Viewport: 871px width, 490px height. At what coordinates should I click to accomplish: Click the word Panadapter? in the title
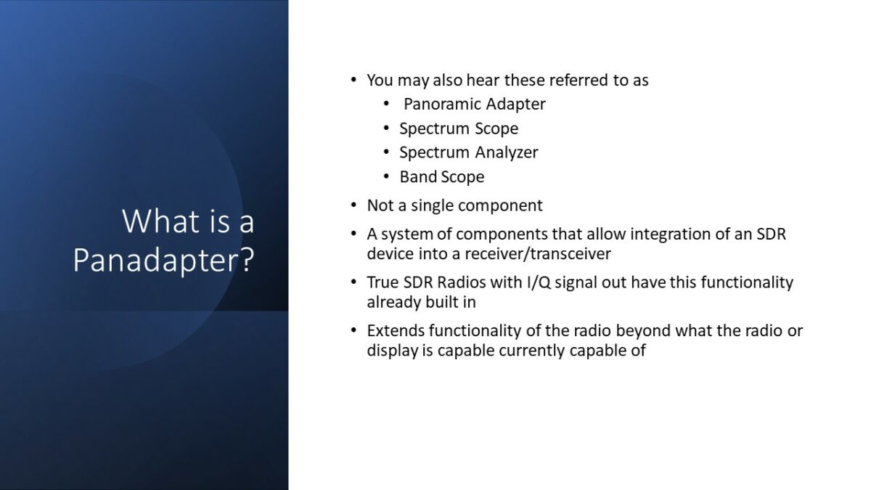point(163,261)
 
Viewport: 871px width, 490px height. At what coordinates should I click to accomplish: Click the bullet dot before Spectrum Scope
point(388,128)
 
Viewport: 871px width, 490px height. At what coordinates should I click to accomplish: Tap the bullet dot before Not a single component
point(353,205)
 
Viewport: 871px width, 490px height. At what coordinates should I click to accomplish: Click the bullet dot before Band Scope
point(388,176)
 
